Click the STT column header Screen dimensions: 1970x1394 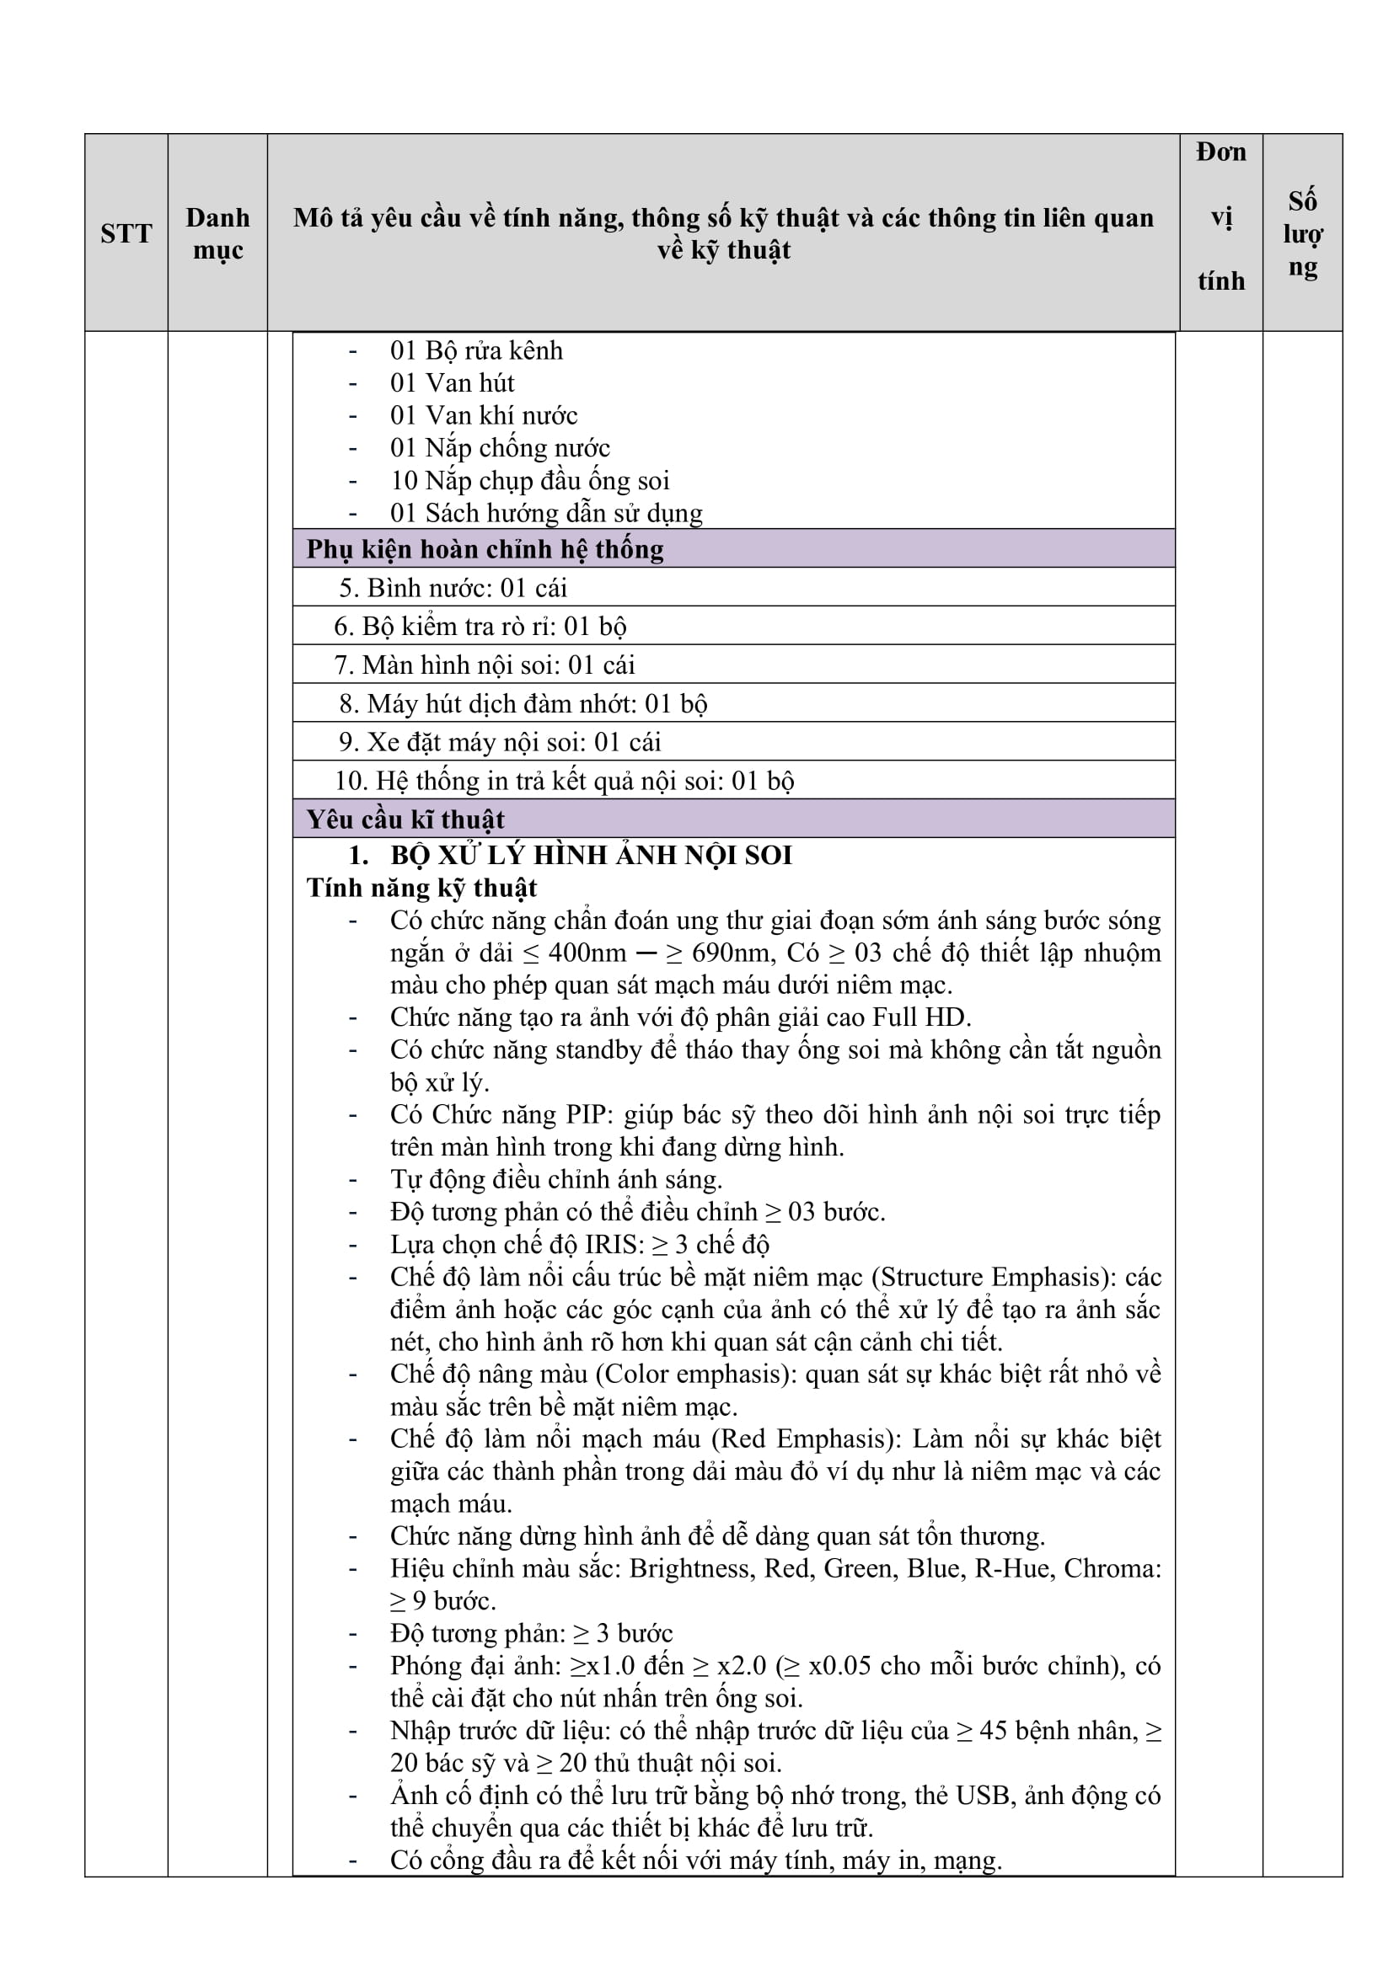126,233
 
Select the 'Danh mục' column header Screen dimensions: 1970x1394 218,233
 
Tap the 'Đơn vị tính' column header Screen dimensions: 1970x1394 1220,216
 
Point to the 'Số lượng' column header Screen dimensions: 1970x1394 1302,233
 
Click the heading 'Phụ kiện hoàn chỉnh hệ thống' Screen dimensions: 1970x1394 485,549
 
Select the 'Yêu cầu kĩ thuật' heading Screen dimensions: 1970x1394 405,819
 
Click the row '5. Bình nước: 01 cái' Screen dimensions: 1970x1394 453,588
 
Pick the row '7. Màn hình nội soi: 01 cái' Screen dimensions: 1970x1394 485,665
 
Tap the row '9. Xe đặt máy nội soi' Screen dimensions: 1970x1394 500,742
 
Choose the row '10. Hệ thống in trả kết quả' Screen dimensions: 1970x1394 564,781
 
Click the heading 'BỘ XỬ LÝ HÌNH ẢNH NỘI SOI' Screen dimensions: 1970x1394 591,856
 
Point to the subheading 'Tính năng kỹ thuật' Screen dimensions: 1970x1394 421,888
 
